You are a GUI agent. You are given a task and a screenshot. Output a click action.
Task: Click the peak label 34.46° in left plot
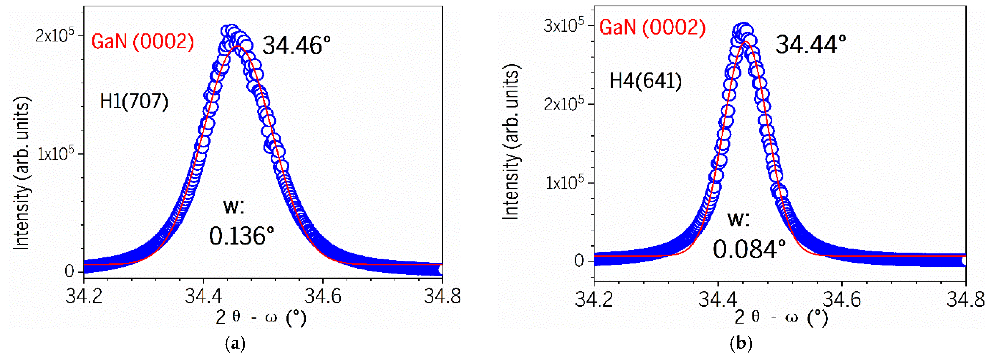click(x=296, y=46)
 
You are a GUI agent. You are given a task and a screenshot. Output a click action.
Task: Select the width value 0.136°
click(x=242, y=236)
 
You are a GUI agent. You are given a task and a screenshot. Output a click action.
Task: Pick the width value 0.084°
click(x=749, y=249)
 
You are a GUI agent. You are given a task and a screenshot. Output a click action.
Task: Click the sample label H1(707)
click(x=134, y=102)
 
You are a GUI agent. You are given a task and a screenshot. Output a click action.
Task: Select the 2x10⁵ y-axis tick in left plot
click(x=54, y=36)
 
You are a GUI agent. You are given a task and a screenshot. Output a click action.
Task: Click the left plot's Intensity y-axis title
click(x=22, y=174)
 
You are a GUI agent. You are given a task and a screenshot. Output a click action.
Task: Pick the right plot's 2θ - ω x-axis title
click(x=781, y=317)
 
